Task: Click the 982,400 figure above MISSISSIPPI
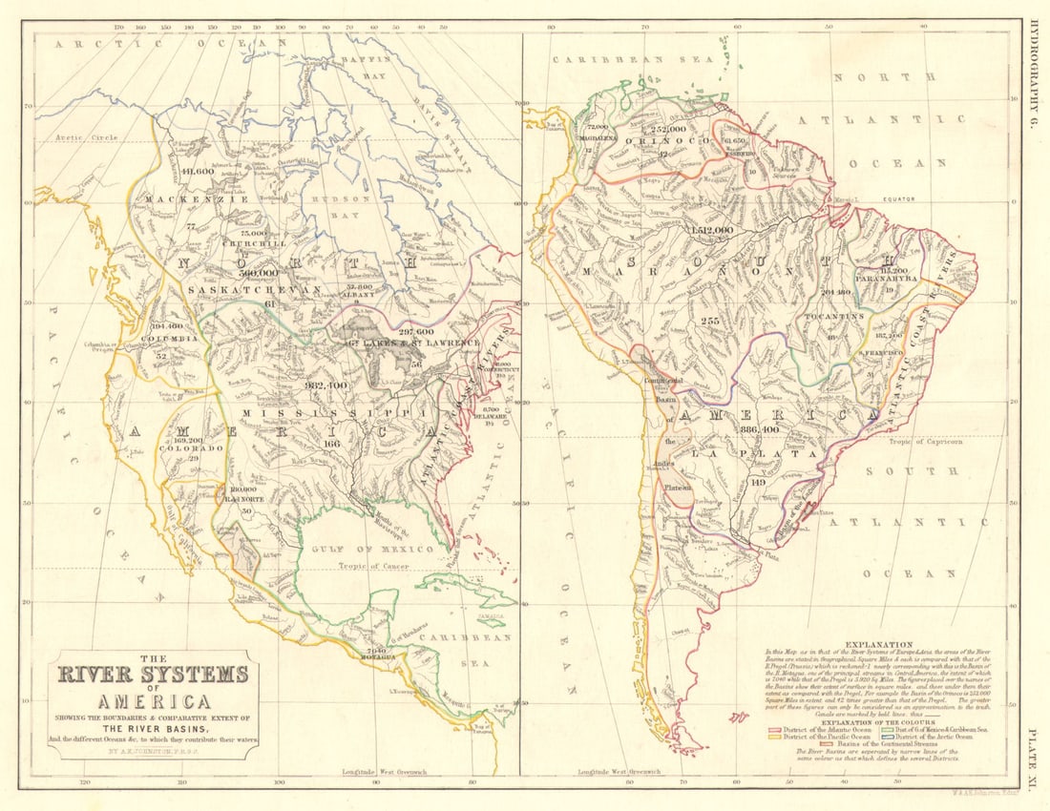[x=326, y=385]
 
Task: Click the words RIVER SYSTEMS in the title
[x=153, y=675]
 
